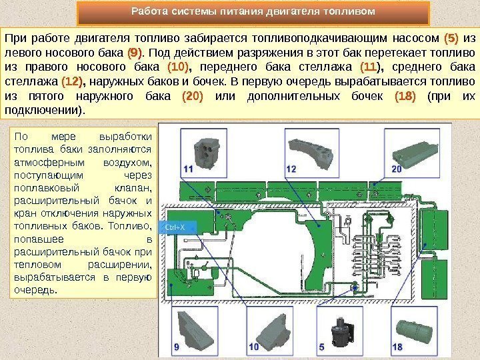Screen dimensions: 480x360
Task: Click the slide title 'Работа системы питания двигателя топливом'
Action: point(253,12)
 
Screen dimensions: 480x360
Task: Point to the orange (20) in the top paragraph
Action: point(192,98)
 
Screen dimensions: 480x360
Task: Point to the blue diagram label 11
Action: point(187,170)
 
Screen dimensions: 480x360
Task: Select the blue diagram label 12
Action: point(291,169)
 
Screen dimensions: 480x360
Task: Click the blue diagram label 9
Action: point(176,347)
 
